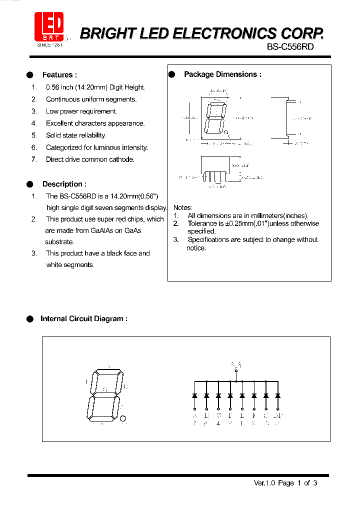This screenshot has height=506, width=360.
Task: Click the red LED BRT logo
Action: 48,27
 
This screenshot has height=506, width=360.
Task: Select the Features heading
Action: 59,75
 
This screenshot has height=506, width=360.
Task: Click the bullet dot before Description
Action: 29,184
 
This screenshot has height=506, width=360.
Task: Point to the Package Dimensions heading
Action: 222,74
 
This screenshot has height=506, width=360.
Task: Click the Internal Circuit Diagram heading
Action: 83,318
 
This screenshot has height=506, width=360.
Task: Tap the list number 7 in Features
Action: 34,159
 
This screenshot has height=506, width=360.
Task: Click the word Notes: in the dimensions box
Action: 183,207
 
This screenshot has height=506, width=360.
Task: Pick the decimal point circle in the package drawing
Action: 226,133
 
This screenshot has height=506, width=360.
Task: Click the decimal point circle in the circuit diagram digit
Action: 123,419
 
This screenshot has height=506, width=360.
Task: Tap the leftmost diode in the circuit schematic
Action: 194,395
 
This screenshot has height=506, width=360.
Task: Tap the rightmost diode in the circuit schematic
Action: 277,395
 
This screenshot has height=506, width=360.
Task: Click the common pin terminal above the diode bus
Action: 236,372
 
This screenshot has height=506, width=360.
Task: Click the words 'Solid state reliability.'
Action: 75,135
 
